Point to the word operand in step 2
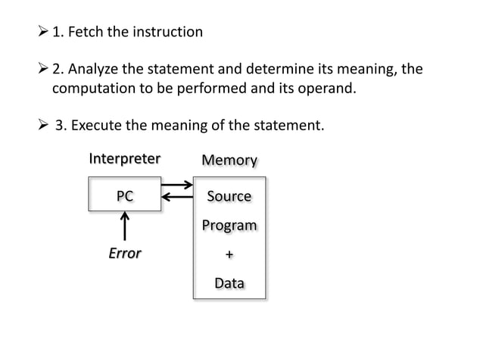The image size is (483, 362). pyautogui.click(x=323, y=89)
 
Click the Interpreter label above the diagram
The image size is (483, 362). pyautogui.click(x=125, y=159)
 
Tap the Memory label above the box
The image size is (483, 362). pyautogui.click(x=229, y=161)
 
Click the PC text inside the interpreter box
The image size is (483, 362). pyautogui.click(x=125, y=195)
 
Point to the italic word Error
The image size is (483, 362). pyautogui.click(x=125, y=253)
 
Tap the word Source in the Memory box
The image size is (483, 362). pyautogui.click(x=229, y=196)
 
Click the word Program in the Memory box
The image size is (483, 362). pyautogui.click(x=229, y=226)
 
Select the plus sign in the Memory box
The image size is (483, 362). pyautogui.click(x=229, y=255)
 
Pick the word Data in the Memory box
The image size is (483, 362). pyautogui.click(x=229, y=283)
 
